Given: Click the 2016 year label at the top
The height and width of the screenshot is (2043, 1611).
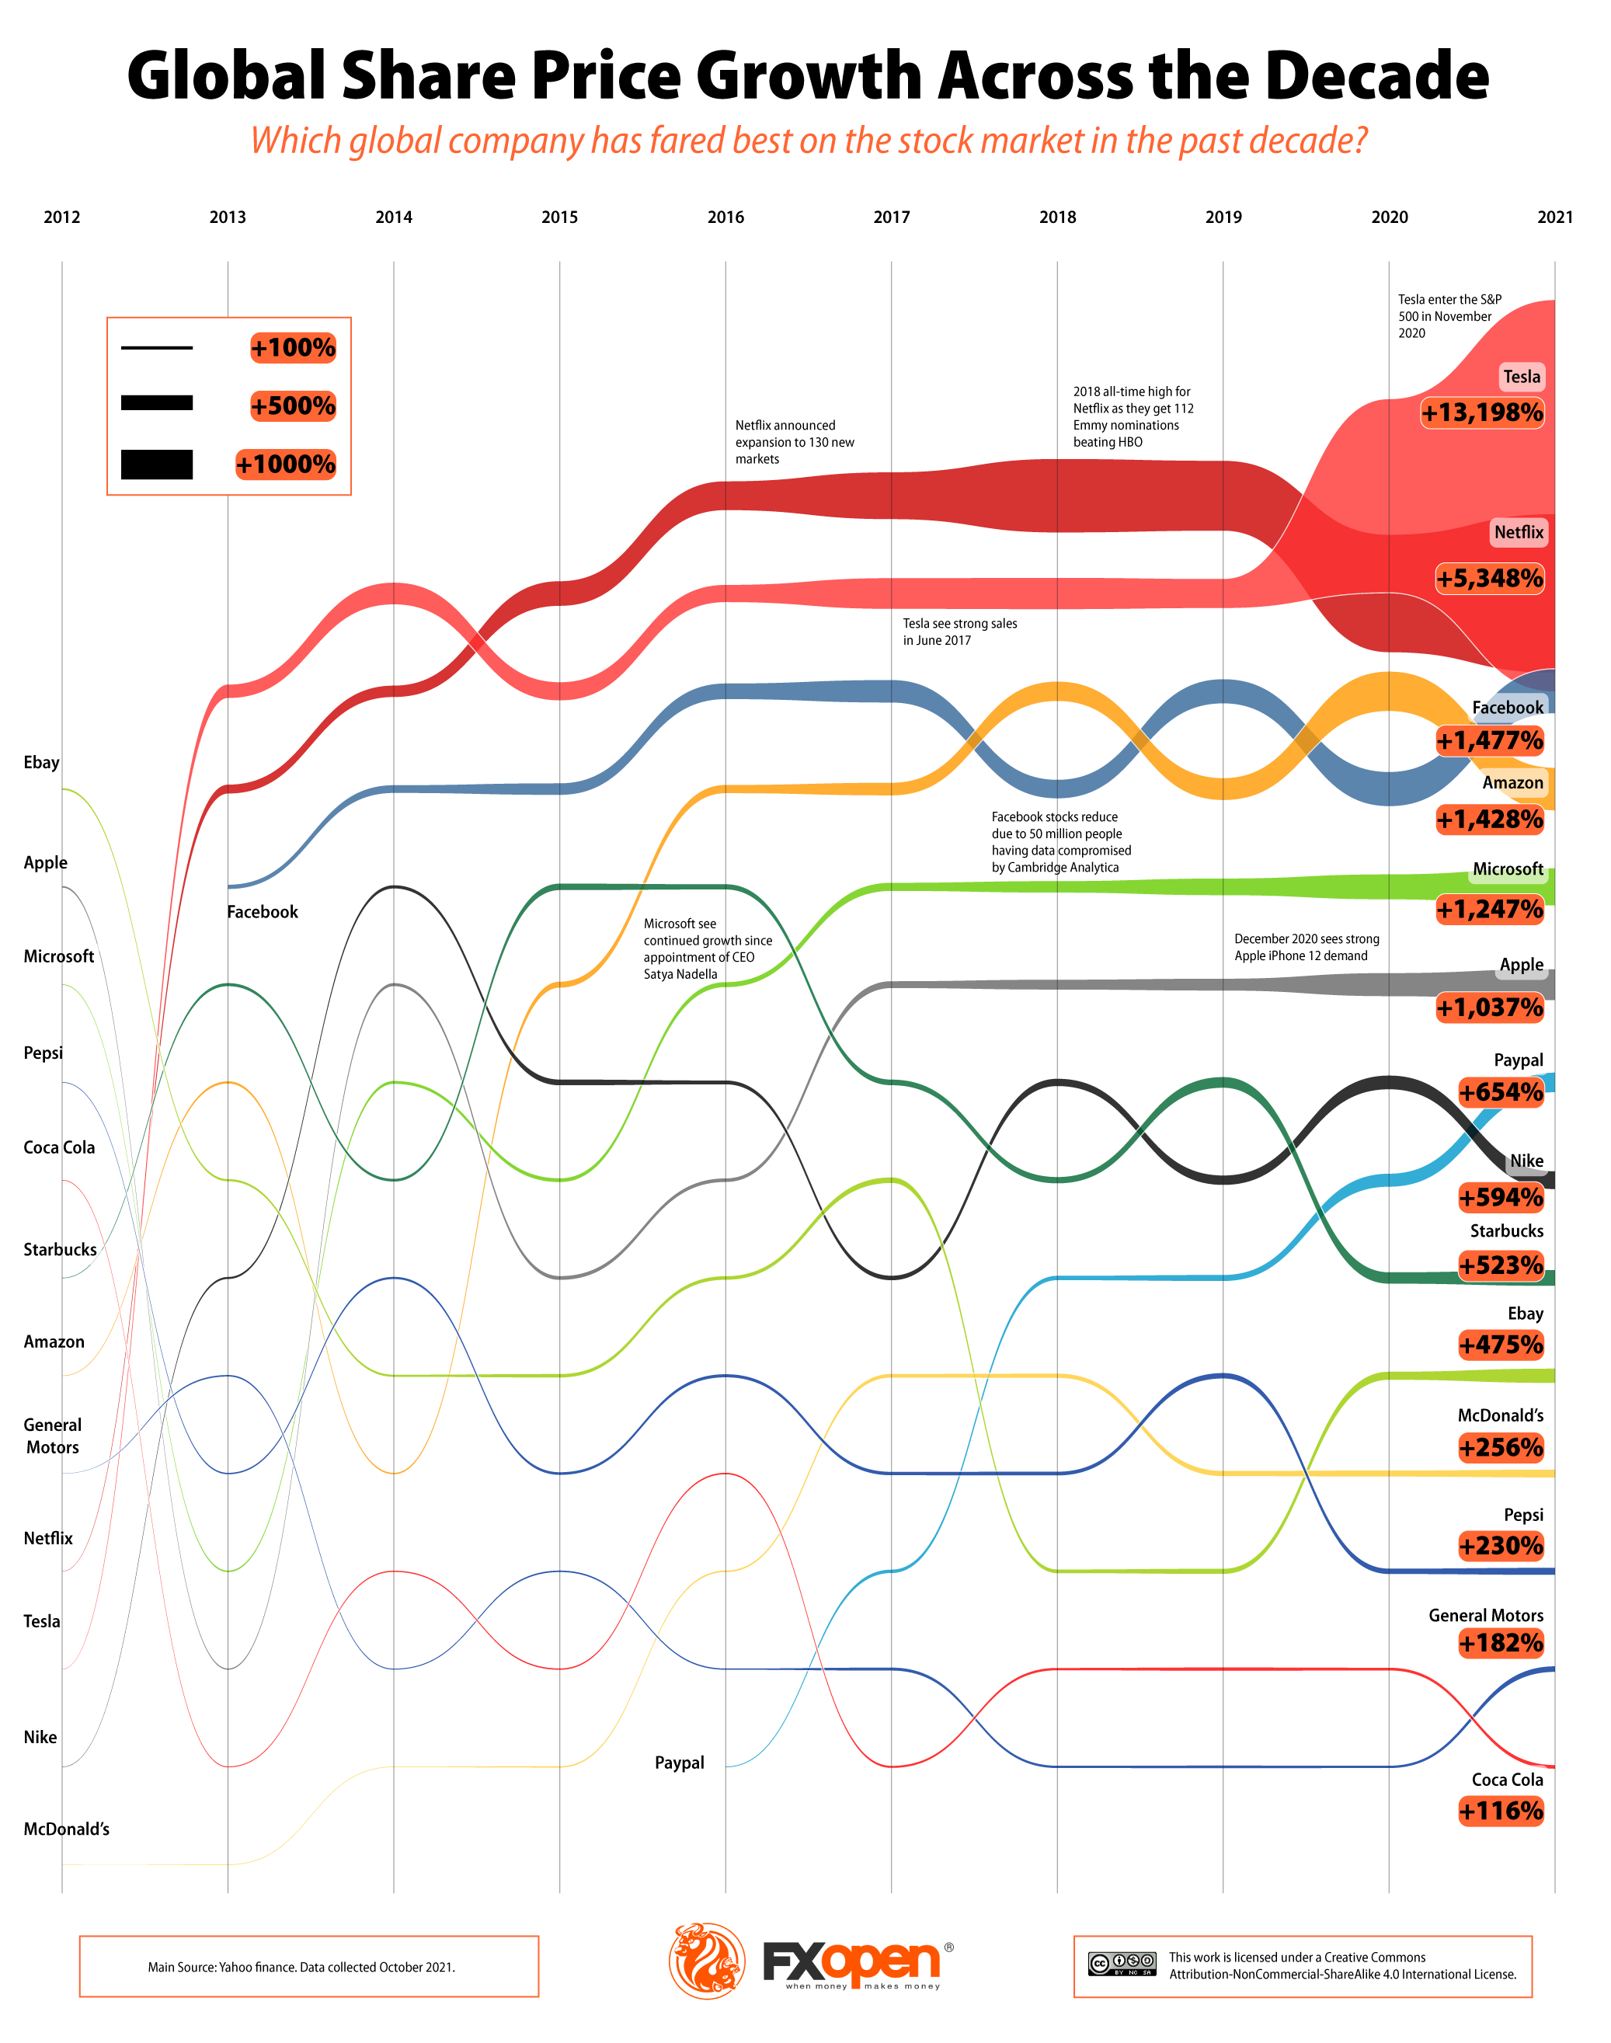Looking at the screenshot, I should click(x=725, y=217).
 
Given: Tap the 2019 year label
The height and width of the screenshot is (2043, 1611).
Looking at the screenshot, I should click(x=1223, y=217).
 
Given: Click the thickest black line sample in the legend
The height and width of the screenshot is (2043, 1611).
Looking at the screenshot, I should click(x=157, y=464).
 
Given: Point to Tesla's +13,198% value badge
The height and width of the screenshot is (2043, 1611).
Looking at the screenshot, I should click(x=1482, y=412).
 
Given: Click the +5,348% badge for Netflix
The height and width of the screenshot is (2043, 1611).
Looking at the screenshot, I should click(x=1489, y=577).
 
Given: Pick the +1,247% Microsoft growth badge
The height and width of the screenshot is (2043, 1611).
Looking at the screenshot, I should click(x=1489, y=910).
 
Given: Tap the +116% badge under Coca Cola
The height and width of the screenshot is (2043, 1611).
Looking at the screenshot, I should click(x=1501, y=1811).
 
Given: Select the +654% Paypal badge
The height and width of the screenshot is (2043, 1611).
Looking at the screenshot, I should click(x=1501, y=1092).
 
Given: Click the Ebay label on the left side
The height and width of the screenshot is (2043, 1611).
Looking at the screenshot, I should click(x=41, y=762).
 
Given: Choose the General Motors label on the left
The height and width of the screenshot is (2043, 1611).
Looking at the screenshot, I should click(x=53, y=1436).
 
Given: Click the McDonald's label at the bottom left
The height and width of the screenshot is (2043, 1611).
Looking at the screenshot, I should click(x=66, y=1829).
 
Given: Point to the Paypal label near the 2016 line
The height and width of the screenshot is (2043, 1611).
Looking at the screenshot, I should click(x=679, y=1763).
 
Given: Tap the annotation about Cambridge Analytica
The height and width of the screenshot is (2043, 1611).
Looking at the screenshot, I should click(x=1060, y=841).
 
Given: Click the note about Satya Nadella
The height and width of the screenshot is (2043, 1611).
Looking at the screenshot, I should click(x=708, y=949).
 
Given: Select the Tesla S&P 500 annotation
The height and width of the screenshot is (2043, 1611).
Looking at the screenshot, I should click(x=1449, y=316).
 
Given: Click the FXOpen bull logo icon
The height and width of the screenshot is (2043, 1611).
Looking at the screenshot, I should click(x=707, y=1961).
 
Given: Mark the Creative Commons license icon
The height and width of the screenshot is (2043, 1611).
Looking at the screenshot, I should click(x=1122, y=1964).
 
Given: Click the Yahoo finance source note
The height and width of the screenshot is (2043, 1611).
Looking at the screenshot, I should click(x=301, y=1967).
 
